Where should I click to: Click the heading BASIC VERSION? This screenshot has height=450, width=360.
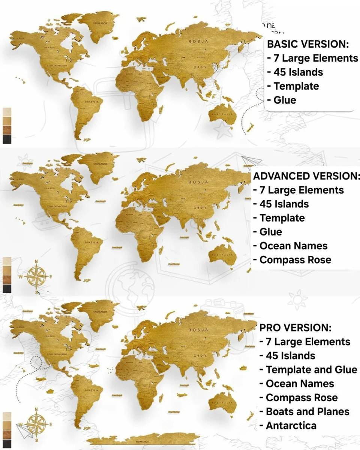[x=308, y=44]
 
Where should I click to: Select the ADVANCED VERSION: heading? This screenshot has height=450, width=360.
[x=306, y=176]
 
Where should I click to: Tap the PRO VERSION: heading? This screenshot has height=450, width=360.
[x=295, y=327]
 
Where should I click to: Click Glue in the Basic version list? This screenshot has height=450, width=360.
[x=285, y=100]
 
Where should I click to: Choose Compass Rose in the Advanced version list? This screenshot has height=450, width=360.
[x=295, y=260]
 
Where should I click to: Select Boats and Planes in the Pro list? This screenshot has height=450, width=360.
[x=307, y=411]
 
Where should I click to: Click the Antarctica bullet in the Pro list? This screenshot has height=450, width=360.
[x=291, y=425]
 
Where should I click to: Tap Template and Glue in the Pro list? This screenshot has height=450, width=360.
[x=311, y=369]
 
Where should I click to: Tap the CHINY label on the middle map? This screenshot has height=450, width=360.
[x=200, y=208]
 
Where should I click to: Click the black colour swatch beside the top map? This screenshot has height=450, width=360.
[x=7, y=139]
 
